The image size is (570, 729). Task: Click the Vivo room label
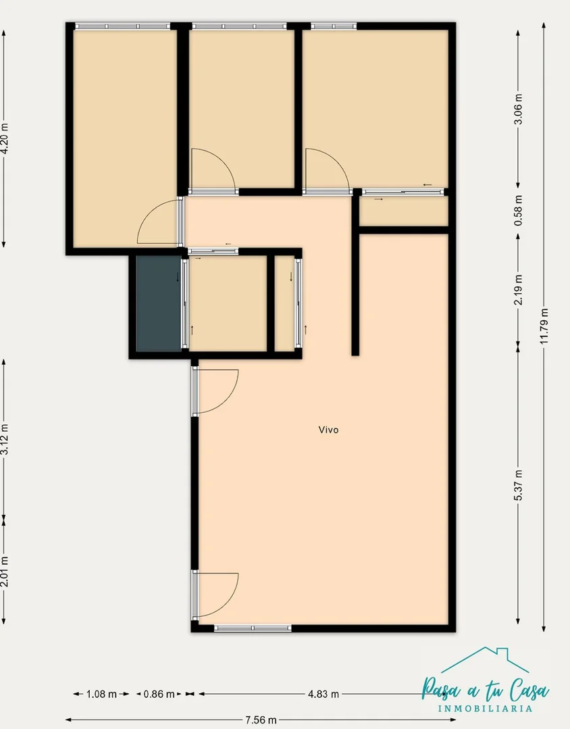pos(328,430)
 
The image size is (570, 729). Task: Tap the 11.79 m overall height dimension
pos(544,326)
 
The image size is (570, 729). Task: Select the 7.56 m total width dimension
pos(261,720)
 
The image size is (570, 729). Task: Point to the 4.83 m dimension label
pos(323,694)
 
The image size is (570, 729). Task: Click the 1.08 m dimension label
pos(101,694)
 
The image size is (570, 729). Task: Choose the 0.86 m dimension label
pos(159,694)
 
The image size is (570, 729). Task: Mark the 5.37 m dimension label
pos(519,485)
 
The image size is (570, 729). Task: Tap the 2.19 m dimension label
pos(519,290)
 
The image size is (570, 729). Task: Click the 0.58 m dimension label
pos(519,211)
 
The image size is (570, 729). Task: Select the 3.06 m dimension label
pos(519,109)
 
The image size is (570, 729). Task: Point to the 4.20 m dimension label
pos(4,138)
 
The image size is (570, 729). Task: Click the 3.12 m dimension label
pos(4,439)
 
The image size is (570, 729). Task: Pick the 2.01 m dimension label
pos(4,572)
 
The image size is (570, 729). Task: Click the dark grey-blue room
pos(159,303)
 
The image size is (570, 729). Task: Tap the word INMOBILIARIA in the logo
pos(486,709)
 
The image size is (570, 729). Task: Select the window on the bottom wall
pos(253,628)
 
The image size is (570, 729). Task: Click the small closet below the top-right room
pos(404,211)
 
